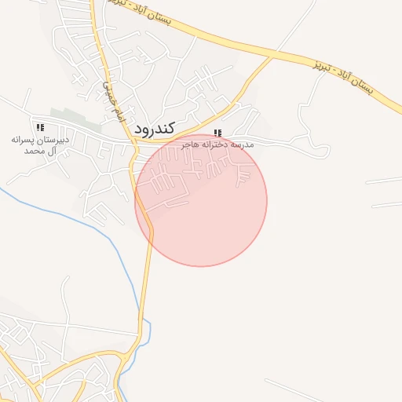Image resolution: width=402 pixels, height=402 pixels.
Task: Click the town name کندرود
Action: click(154, 126)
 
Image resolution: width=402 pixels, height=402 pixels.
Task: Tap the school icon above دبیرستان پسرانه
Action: click(40, 127)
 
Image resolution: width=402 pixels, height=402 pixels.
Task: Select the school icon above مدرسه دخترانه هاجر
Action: click(217, 133)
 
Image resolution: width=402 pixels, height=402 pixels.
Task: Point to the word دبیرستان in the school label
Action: click(56, 139)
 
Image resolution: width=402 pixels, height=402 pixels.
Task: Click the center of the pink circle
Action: click(201, 200)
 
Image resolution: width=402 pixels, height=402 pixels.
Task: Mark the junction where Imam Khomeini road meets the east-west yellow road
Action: click(130, 141)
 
